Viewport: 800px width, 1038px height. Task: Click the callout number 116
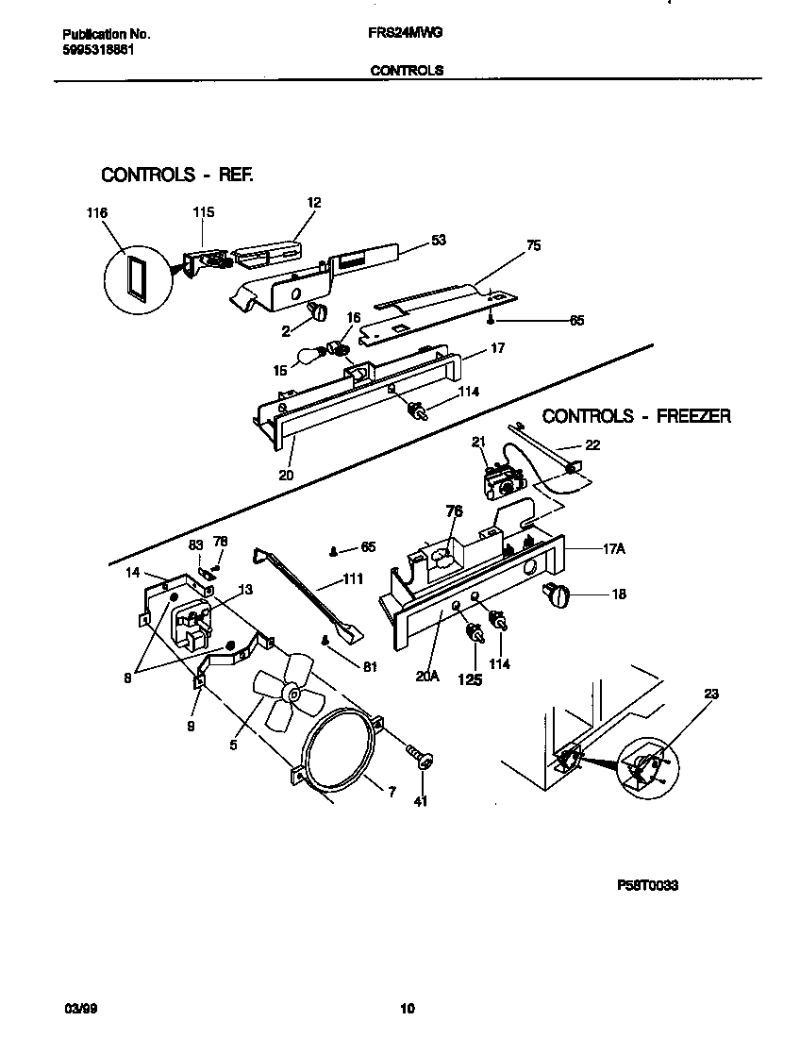(97, 213)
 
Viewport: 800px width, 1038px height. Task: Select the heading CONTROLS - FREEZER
(636, 415)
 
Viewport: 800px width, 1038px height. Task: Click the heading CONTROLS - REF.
(176, 175)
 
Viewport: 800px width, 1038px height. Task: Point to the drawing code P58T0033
(648, 885)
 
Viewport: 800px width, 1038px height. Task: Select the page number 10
(407, 1009)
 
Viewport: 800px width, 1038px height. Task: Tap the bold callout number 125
(469, 678)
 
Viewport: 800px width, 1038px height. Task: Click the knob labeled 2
(318, 310)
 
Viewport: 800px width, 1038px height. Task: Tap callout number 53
(438, 240)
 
